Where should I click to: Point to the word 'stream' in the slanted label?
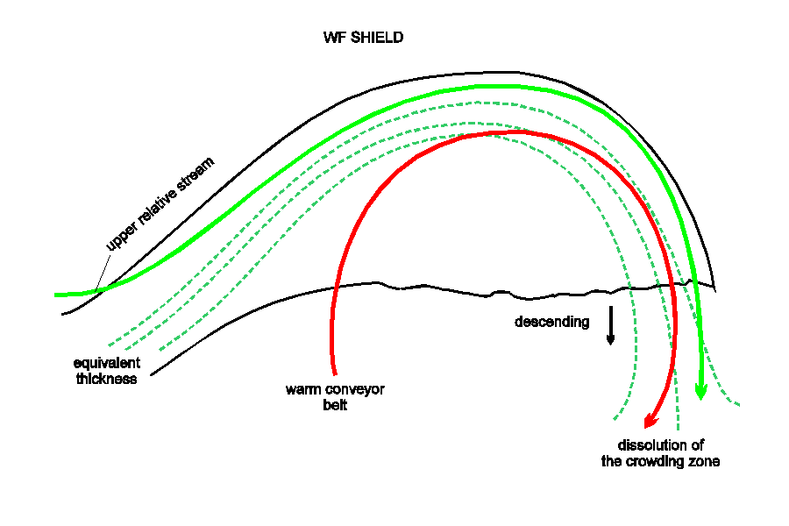196,174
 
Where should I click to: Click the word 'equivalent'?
107,363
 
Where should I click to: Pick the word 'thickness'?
107,379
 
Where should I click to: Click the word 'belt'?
335,405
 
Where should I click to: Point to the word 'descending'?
552,322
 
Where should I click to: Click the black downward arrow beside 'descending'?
610,325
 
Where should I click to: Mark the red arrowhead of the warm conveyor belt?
651,420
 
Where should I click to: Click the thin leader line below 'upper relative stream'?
103,273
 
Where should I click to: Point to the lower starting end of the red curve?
335,374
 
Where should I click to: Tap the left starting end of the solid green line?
55,295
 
